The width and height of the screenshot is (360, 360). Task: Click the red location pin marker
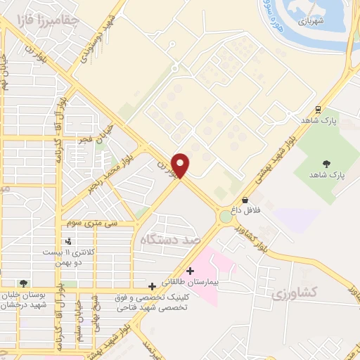click(181, 165)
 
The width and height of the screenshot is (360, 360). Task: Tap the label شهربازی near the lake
click(309, 21)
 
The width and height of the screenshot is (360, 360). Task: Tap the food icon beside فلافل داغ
click(243, 199)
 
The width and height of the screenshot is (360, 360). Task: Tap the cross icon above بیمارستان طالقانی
click(191, 271)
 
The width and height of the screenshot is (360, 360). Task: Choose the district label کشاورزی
click(294, 291)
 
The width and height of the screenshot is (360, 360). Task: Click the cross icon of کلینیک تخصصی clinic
click(153, 286)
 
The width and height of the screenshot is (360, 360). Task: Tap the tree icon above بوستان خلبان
click(25, 283)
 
